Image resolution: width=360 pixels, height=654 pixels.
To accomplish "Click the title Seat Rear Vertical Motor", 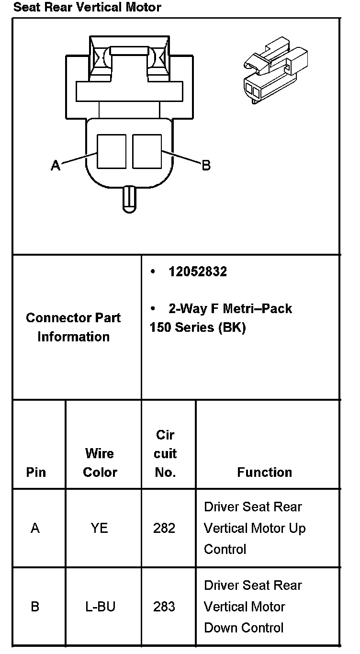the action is click(x=87, y=7).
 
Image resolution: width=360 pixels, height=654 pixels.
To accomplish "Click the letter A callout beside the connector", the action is click(x=56, y=166).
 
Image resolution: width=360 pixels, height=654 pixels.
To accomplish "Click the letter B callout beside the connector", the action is click(x=206, y=166).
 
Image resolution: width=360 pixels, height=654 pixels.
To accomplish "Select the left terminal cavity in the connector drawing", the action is click(x=112, y=151).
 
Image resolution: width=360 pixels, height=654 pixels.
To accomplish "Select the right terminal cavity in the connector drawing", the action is click(x=147, y=151).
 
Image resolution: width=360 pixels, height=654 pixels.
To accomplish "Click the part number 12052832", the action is click(x=198, y=272).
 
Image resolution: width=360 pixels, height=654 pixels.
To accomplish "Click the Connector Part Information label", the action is click(x=73, y=327).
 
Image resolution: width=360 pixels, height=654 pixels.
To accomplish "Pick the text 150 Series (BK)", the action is click(x=197, y=328).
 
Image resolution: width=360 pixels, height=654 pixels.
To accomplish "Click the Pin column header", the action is click(x=36, y=472).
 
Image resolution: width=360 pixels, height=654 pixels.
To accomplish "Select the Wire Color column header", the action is click(x=100, y=462).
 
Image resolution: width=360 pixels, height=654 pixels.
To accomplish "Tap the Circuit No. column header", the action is click(x=165, y=453).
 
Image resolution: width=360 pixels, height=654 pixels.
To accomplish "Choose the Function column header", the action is click(x=264, y=472).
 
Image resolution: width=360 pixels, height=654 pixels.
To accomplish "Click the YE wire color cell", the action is click(x=100, y=528).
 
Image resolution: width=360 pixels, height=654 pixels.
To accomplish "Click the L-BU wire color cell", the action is click(x=100, y=607).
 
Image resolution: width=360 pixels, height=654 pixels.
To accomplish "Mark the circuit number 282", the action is click(x=164, y=528).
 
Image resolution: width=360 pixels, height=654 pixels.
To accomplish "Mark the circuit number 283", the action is click(x=164, y=607).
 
